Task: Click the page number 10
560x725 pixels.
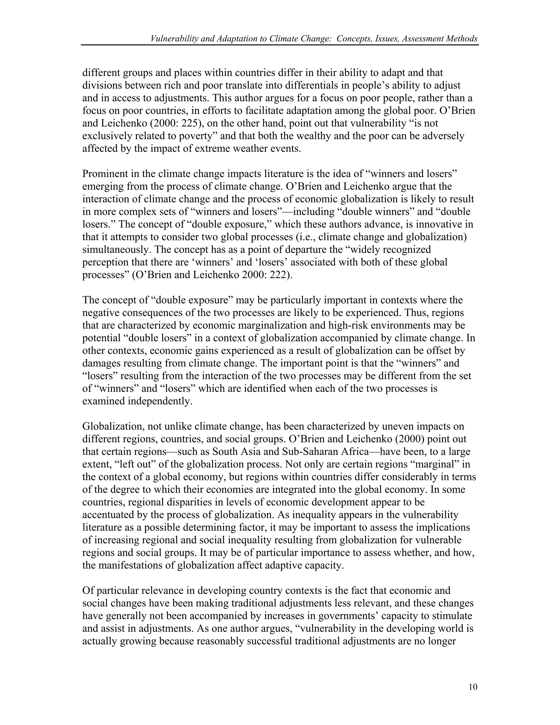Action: (x=473, y=687)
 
